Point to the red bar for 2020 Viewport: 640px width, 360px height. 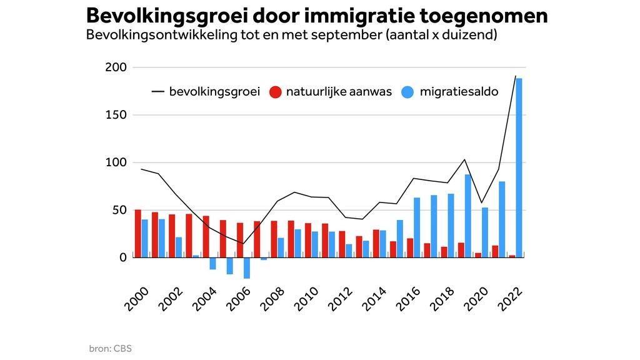pos(478,255)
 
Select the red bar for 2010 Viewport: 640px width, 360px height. pos(308,240)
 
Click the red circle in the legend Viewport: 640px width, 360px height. pos(275,92)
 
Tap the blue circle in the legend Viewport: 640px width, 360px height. pos(408,92)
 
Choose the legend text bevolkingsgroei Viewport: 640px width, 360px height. pos(214,92)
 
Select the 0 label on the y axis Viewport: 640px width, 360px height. pos(122,257)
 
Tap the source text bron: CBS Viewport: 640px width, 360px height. pos(110,348)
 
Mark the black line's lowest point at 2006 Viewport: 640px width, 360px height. pos(243,244)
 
